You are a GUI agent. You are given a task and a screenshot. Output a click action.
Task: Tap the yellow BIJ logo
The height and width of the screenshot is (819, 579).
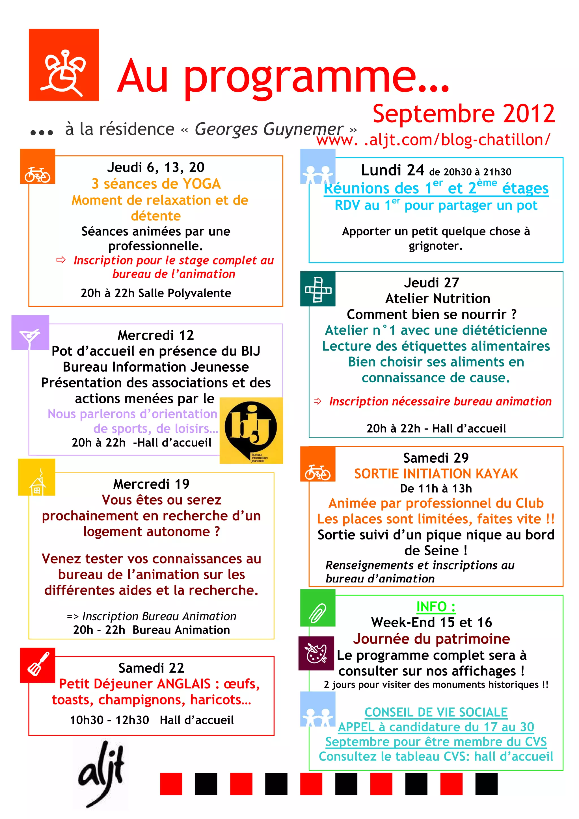pyautogui.click(x=251, y=430)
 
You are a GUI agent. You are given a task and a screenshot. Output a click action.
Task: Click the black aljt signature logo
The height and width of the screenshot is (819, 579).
pyautogui.click(x=101, y=774)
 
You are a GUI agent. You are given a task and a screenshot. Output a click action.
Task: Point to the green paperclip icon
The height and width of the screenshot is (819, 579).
pyautogui.click(x=317, y=612)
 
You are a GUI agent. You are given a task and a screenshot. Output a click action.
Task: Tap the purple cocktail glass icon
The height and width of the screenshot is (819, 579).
pyautogui.click(x=30, y=332)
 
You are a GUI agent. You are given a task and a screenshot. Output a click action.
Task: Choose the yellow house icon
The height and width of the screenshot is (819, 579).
pyautogui.click(x=37, y=477)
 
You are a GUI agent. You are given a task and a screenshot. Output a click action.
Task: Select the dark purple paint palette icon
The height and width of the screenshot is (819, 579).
pyautogui.click(x=316, y=653)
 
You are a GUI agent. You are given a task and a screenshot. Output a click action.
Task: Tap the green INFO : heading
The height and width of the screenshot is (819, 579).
pyautogui.click(x=436, y=606)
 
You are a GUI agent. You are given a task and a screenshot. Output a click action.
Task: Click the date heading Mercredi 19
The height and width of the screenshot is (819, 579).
pyautogui.click(x=151, y=484)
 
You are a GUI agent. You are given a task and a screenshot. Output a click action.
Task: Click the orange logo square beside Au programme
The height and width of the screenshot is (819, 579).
pyautogui.click(x=64, y=64)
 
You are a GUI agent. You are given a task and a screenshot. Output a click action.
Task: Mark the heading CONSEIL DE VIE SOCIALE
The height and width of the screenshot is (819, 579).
pyautogui.click(x=436, y=712)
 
